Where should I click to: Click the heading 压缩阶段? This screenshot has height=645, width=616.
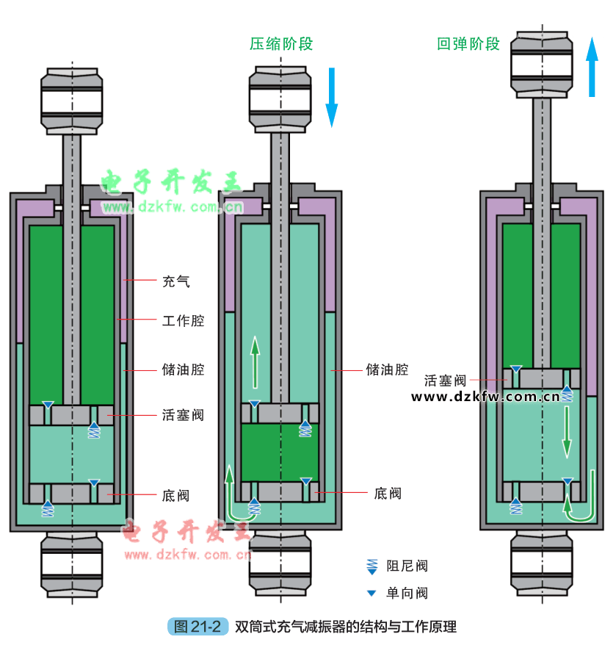(x=281, y=44)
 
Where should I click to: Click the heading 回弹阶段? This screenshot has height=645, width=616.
(x=468, y=44)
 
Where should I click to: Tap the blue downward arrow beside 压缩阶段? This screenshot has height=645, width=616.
(x=331, y=96)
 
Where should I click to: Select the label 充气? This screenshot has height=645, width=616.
(x=175, y=281)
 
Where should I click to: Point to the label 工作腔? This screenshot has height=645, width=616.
(x=183, y=320)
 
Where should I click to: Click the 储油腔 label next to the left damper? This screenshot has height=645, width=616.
(x=183, y=370)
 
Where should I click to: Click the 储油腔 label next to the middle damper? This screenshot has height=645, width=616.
(x=387, y=370)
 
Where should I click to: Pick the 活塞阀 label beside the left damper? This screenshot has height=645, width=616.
(x=183, y=415)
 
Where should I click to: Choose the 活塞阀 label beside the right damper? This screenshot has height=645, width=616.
(x=446, y=381)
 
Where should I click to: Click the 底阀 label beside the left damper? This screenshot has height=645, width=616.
(x=175, y=495)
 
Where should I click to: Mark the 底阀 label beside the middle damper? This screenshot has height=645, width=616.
(x=388, y=493)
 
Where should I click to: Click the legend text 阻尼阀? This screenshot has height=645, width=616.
(x=407, y=566)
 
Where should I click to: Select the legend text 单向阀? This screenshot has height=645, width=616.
(x=407, y=593)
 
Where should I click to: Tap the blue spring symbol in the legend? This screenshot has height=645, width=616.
(x=372, y=566)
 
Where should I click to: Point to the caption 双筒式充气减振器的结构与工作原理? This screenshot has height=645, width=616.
(x=346, y=627)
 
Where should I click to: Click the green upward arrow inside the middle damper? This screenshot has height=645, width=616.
(x=254, y=361)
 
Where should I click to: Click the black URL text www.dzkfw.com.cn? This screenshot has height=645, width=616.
(x=485, y=397)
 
